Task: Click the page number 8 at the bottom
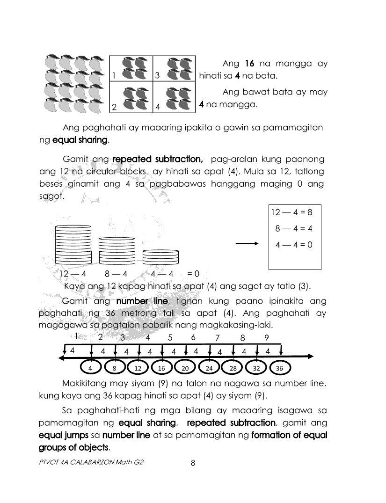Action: pos(193,463)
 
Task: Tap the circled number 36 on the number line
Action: pos(279,368)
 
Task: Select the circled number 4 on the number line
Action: pos(91,368)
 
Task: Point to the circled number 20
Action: pos(185,368)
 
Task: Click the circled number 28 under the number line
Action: pos(233,368)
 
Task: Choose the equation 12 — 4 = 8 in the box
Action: pos(291,212)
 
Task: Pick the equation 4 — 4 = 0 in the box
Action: pos(294,244)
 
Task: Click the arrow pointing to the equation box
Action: pos(247,243)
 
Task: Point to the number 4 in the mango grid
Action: pos(158,107)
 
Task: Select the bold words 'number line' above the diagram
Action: pos(138,301)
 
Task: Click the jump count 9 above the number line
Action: pos(267,337)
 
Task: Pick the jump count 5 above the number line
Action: pos(170,337)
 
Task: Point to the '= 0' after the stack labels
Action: pos(193,274)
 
